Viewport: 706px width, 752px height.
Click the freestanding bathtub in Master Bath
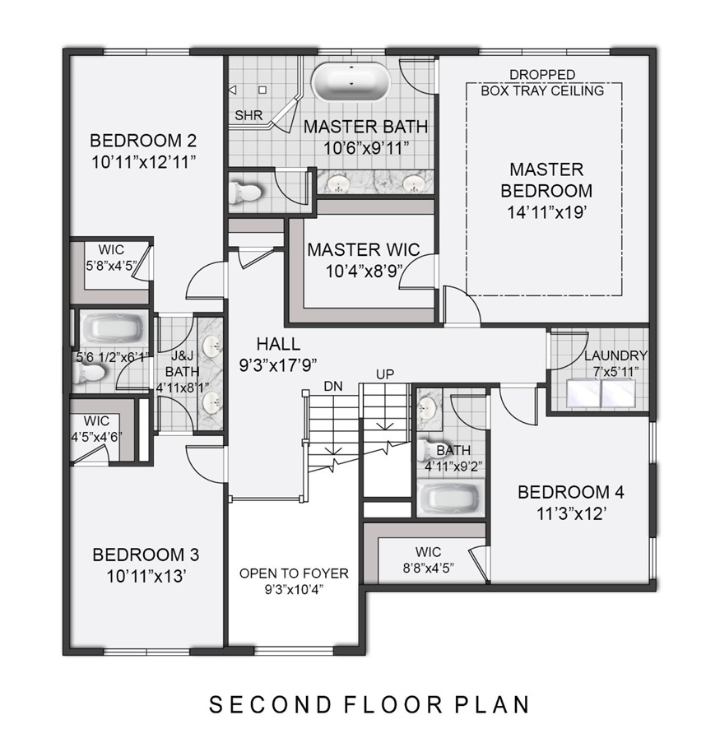[351, 82]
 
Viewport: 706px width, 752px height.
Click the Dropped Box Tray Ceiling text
[542, 82]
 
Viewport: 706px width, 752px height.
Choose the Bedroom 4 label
[570, 493]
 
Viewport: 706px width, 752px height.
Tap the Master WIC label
[363, 249]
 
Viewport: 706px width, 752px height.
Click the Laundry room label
[616, 355]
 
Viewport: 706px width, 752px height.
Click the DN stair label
[332, 385]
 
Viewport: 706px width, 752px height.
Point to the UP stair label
[385, 374]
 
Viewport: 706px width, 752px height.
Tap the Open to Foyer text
[294, 573]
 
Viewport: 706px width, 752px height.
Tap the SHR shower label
[248, 116]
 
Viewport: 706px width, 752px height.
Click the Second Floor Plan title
[369, 705]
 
